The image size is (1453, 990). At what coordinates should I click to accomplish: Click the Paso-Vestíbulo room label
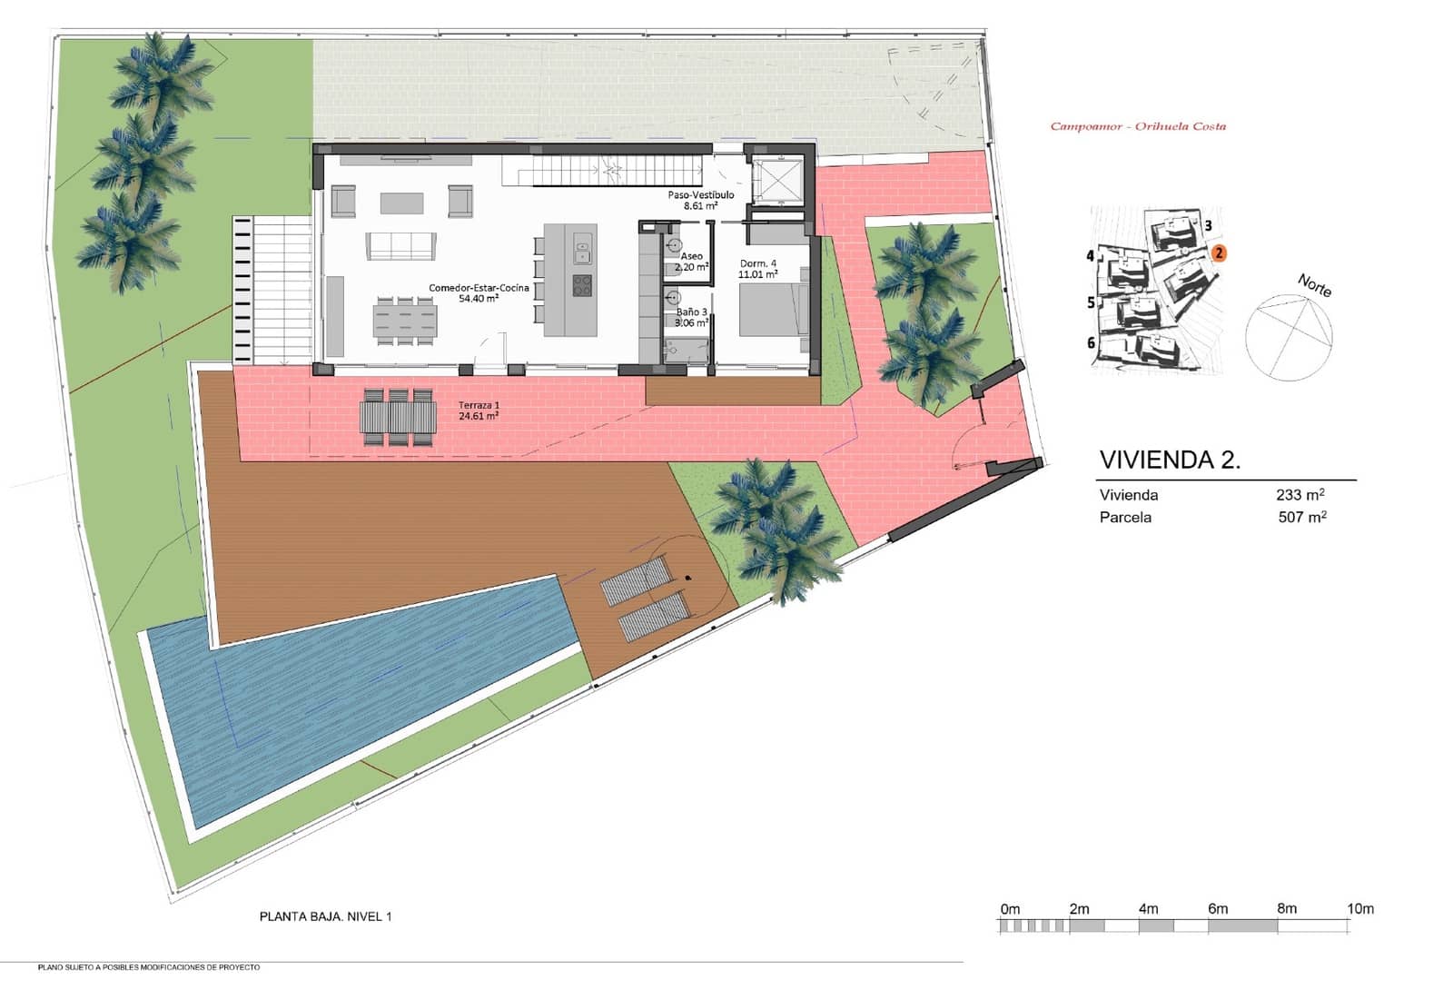[x=700, y=194]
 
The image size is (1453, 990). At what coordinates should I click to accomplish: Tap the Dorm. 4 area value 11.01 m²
[x=757, y=274]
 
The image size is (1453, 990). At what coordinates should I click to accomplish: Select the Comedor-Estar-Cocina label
[x=479, y=287]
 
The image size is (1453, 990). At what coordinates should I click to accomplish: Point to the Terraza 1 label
[x=479, y=405]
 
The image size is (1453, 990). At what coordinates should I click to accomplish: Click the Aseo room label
[x=691, y=256]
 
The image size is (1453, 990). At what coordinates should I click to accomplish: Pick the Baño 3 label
[x=691, y=312]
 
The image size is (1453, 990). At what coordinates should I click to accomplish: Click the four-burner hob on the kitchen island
[x=582, y=286]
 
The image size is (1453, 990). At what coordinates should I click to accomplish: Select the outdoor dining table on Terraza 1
[x=399, y=417]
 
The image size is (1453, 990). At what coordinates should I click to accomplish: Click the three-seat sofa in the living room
[x=400, y=246]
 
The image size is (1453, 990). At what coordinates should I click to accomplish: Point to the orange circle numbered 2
[x=1219, y=253]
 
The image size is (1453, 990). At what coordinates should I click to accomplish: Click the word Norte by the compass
[x=1315, y=285]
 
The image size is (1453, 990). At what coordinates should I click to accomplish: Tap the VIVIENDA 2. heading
[x=1170, y=460]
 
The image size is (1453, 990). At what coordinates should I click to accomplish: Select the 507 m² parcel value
[x=1302, y=517]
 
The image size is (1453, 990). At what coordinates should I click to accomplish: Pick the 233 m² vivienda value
[x=1300, y=494]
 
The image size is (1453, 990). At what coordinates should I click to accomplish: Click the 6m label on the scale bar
[x=1218, y=909]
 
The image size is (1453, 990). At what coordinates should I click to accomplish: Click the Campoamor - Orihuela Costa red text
[x=1138, y=126]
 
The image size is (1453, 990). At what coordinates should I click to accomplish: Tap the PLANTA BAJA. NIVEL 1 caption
[x=326, y=916]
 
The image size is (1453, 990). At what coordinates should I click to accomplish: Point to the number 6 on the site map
[x=1091, y=342]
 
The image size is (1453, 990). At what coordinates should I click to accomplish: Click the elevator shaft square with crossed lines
[x=777, y=180]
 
